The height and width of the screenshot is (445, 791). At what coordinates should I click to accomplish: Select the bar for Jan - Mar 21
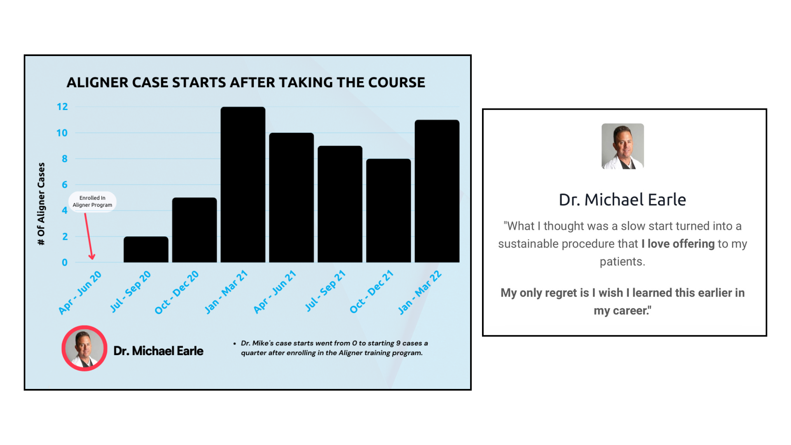(x=243, y=185)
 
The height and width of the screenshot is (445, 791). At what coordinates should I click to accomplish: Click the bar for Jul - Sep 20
(x=146, y=249)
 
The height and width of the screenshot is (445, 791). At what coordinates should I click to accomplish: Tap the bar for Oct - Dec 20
(x=194, y=230)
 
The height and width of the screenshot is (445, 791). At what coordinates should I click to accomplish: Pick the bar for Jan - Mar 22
(x=437, y=191)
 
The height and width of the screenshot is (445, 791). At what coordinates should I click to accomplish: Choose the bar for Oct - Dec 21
(x=388, y=211)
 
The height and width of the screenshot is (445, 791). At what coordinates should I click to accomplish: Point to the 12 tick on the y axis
(x=62, y=107)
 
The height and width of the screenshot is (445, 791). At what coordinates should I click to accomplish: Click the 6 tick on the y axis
(x=65, y=185)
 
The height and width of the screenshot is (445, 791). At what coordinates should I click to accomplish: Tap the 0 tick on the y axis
(x=65, y=262)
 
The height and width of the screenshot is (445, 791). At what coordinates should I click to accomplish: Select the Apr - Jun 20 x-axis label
(x=80, y=293)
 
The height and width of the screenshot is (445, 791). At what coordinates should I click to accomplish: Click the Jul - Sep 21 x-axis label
(x=325, y=291)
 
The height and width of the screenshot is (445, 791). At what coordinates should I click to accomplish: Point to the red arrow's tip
(x=92, y=260)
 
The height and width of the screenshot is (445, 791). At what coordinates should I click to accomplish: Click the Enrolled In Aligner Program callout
(x=92, y=201)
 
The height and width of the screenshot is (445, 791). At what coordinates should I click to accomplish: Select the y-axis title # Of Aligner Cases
(x=41, y=204)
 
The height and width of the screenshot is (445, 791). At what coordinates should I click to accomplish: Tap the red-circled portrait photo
(x=84, y=348)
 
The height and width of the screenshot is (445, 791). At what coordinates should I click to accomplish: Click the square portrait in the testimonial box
(x=623, y=146)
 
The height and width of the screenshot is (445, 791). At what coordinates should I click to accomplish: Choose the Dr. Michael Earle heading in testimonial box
(x=623, y=200)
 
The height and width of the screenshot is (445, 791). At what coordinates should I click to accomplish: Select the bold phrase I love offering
(x=678, y=244)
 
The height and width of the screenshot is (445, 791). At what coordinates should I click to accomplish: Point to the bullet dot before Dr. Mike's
(x=234, y=343)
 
